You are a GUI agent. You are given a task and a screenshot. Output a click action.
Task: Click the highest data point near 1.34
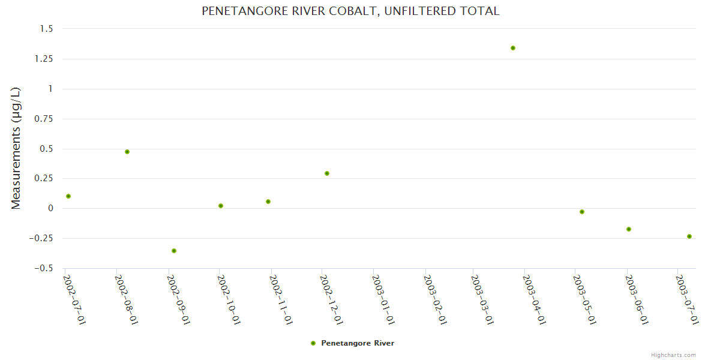click(x=513, y=48)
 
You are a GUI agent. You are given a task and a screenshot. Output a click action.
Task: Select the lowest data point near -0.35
click(x=174, y=251)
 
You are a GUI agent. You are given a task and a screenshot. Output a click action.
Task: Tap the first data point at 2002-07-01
click(x=68, y=196)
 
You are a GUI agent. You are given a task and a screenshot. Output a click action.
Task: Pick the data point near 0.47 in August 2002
click(x=127, y=152)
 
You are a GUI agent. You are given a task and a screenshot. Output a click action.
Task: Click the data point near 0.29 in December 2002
click(x=327, y=173)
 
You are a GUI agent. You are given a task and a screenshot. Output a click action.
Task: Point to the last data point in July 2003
click(x=689, y=236)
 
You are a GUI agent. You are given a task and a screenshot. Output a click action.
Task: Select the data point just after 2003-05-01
click(x=582, y=212)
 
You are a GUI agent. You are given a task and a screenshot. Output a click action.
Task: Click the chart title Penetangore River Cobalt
click(x=350, y=11)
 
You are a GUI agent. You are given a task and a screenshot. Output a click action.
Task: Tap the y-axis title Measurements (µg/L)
click(x=16, y=148)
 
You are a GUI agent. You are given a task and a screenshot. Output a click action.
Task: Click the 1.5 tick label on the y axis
click(x=47, y=29)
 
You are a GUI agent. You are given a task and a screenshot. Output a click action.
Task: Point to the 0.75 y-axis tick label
click(x=43, y=119)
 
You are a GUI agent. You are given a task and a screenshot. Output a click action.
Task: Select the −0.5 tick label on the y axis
click(x=43, y=268)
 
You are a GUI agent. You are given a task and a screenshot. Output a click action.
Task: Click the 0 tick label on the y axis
click(x=50, y=208)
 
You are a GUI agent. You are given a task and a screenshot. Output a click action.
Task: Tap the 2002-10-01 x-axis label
click(x=230, y=299)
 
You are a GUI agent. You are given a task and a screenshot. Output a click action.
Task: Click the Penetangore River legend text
click(x=358, y=343)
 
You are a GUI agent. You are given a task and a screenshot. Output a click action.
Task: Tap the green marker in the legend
click(x=313, y=343)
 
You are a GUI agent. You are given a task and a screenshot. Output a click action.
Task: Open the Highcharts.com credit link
click(x=673, y=355)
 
